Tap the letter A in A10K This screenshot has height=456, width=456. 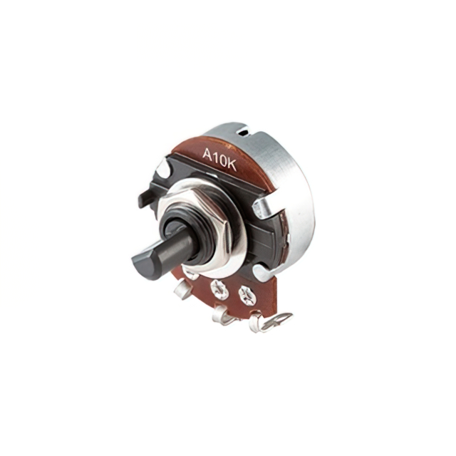pos(208,155)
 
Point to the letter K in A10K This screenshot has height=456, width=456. pos(232,165)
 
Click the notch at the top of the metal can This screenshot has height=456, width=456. pos(243,132)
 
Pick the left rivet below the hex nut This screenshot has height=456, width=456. pos(219,289)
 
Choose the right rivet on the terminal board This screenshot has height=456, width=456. pos(247,295)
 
